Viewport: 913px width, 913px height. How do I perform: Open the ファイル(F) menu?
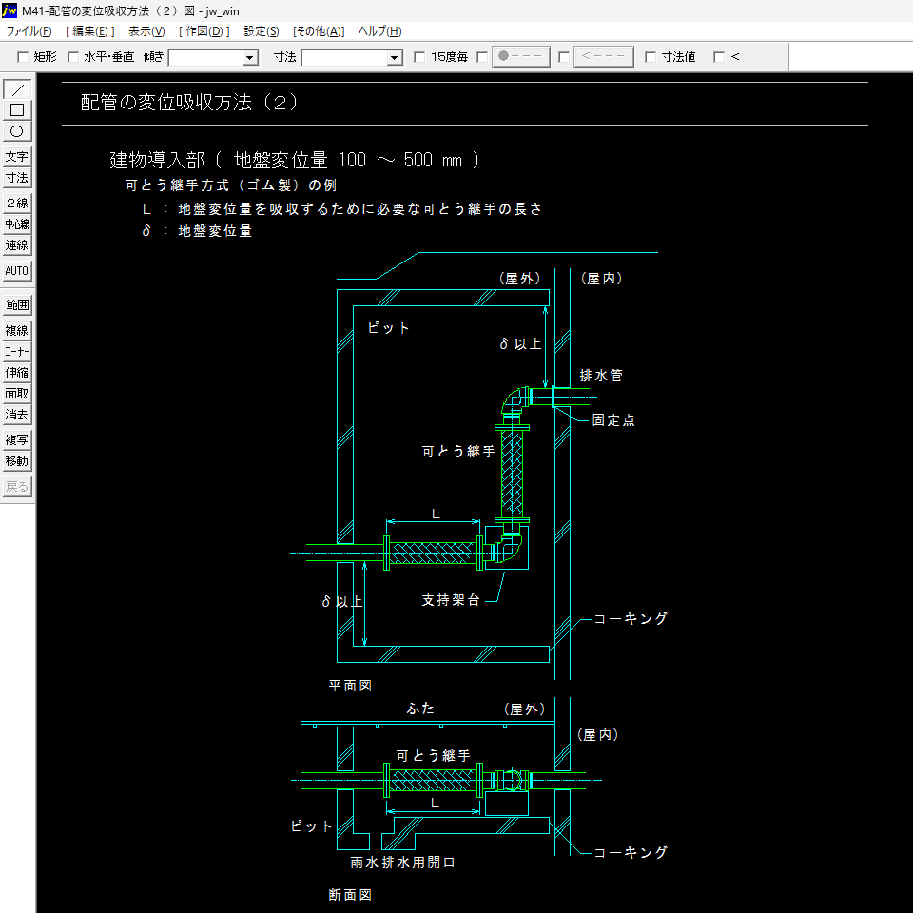29,31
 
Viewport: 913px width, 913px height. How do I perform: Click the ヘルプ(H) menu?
379,31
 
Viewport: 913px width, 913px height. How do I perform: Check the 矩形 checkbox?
24,57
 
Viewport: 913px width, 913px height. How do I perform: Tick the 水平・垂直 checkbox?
73,57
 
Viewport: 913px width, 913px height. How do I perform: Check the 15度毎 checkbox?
419,57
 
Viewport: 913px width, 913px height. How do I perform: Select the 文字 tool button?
17,157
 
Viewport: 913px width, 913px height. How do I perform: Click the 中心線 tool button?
17,224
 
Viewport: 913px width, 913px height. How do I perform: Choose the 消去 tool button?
17,415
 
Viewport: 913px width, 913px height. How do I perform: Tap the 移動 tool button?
17,461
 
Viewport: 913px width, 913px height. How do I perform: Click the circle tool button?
17,131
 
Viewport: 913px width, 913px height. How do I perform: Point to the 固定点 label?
613,420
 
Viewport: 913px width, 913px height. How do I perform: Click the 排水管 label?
601,376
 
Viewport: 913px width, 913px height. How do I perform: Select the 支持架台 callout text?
451,600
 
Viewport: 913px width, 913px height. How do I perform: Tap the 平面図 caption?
350,685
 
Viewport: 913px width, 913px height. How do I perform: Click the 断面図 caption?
350,895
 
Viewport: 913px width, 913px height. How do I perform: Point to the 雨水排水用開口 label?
403,863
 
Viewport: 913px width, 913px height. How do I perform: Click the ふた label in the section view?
420,709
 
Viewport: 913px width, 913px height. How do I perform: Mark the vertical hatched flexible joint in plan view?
514,473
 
